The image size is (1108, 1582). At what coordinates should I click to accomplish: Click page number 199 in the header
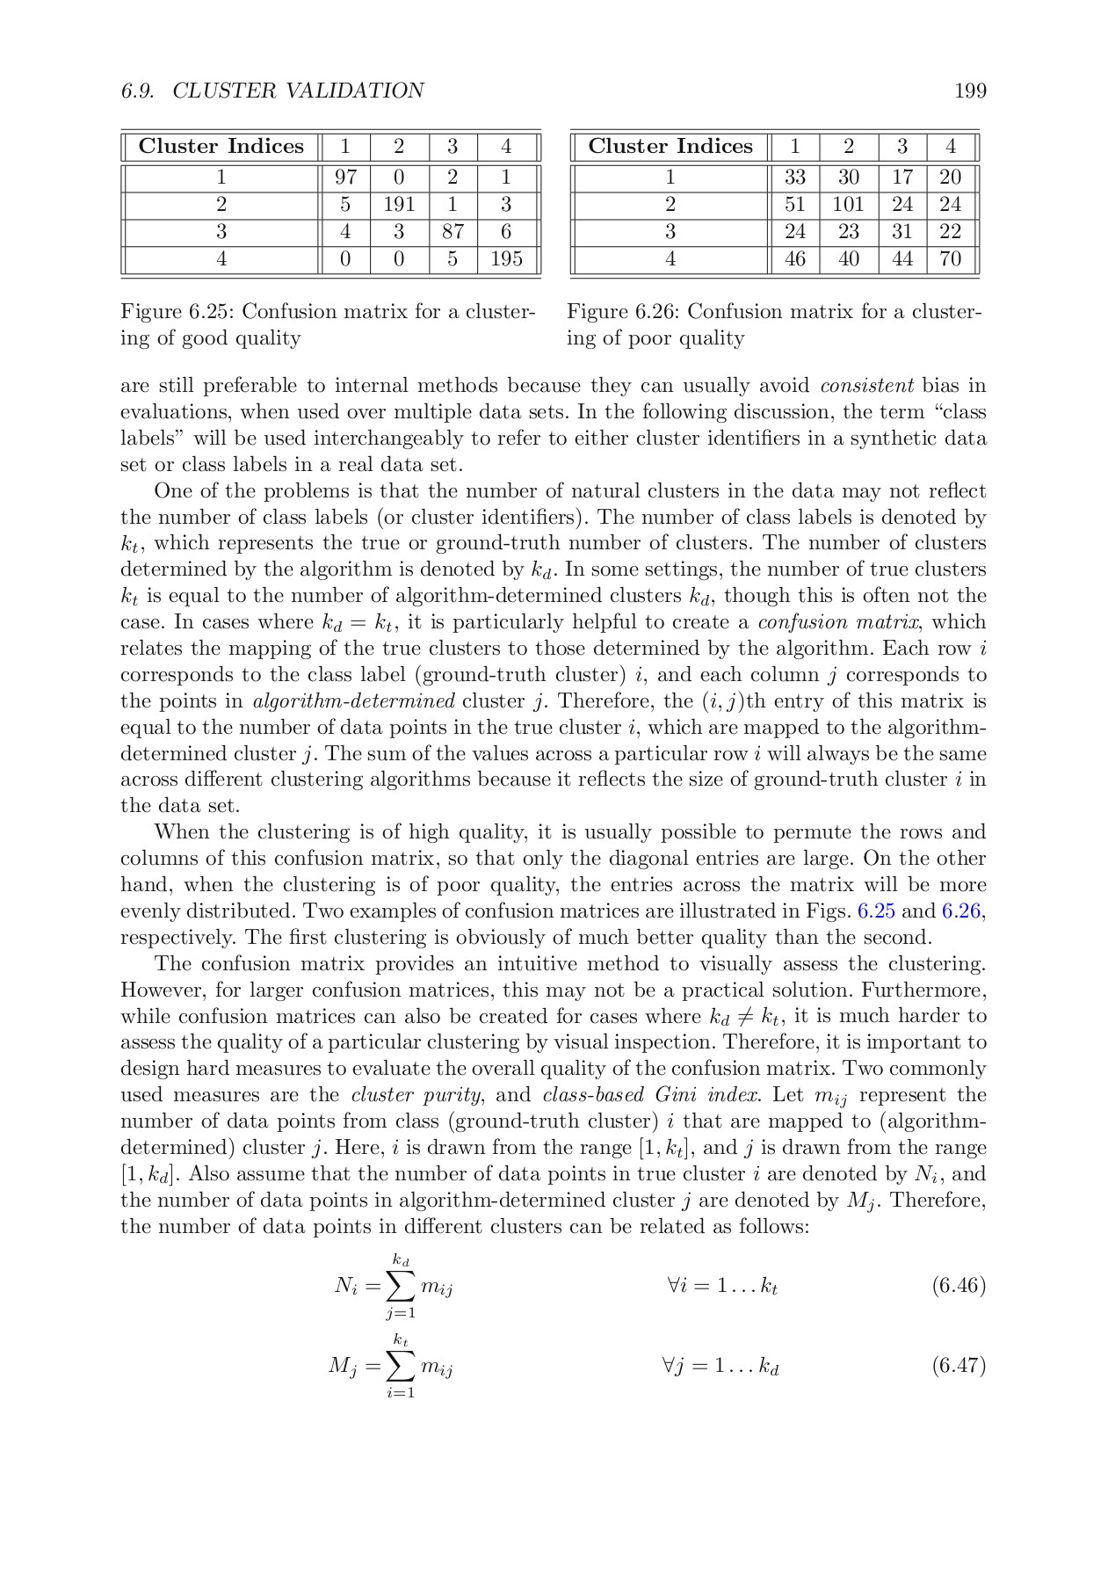pyautogui.click(x=970, y=91)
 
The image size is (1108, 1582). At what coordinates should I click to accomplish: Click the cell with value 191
pyautogui.click(x=399, y=205)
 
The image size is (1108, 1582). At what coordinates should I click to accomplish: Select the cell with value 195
pyautogui.click(x=506, y=259)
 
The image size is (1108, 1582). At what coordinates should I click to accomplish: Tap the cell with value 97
pyautogui.click(x=345, y=178)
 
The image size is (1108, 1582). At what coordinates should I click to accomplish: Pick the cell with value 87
pyautogui.click(x=453, y=232)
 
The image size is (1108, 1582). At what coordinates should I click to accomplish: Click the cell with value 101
pyautogui.click(x=848, y=205)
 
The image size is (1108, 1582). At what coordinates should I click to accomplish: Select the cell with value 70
pyautogui.click(x=950, y=259)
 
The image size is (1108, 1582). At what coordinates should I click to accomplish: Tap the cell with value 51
pyautogui.click(x=795, y=205)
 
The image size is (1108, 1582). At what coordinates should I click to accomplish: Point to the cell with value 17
pyautogui.click(x=902, y=178)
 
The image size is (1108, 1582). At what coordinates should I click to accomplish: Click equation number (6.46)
pyautogui.click(x=959, y=1287)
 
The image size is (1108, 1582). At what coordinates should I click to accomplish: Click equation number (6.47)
pyautogui.click(x=959, y=1366)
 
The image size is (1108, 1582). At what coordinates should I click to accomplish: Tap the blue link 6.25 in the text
pyautogui.click(x=875, y=911)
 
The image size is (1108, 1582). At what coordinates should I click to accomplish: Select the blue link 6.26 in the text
pyautogui.click(x=960, y=911)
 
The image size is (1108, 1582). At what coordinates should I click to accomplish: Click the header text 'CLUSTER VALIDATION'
pyautogui.click(x=298, y=91)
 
